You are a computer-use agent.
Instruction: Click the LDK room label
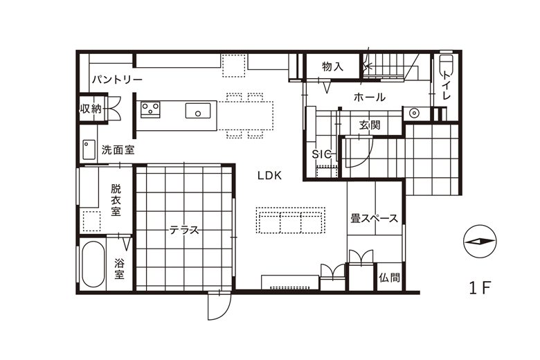pyautogui.click(x=270, y=175)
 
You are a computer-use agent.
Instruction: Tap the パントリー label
pyautogui.click(x=117, y=80)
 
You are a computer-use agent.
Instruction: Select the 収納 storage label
pyautogui.click(x=91, y=109)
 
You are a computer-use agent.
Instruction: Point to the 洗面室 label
pyautogui.click(x=118, y=150)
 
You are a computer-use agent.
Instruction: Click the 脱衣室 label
pyautogui.click(x=116, y=200)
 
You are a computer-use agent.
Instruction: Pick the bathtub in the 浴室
pyautogui.click(x=93, y=264)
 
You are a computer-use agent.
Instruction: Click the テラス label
pyautogui.click(x=184, y=230)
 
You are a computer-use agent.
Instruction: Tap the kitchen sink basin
pyautogui.click(x=198, y=111)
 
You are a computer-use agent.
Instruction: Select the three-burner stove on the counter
pyautogui.click(x=150, y=109)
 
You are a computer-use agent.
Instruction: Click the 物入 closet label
pyautogui.click(x=333, y=66)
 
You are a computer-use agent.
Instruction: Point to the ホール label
pyautogui.click(x=370, y=97)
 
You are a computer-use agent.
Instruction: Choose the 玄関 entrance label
pyautogui.click(x=370, y=125)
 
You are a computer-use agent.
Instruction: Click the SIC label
pyautogui.click(x=321, y=154)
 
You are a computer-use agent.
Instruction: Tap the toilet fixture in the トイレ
pyautogui.click(x=447, y=66)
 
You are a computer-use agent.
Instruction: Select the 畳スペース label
pyautogui.click(x=375, y=218)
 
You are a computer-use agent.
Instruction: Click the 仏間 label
pyautogui.click(x=390, y=278)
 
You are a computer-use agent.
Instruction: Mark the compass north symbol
pyautogui.click(x=480, y=242)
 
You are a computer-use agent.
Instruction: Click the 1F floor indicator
pyautogui.click(x=480, y=288)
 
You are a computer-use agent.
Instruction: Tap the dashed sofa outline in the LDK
pyautogui.click(x=290, y=220)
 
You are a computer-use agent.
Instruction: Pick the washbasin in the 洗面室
pyautogui.click(x=89, y=150)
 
